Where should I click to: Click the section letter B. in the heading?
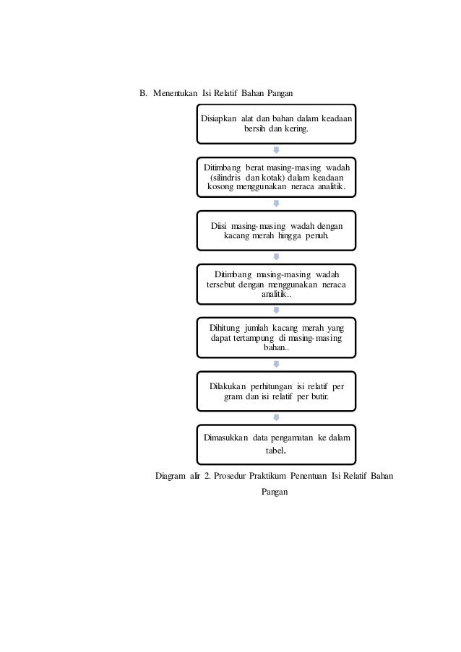(144, 94)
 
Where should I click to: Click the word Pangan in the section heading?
(276, 94)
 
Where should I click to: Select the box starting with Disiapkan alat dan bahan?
(276, 123)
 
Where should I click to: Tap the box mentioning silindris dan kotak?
(276, 177)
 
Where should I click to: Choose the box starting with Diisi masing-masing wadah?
(276, 230)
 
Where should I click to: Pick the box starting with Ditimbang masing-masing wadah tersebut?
(276, 284)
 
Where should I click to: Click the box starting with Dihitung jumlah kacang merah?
(276, 337)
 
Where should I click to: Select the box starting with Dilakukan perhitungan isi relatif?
(276, 391)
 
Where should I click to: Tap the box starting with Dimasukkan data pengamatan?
(276, 443)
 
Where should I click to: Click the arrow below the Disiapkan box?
(276, 150)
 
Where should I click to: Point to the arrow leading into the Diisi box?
(276, 204)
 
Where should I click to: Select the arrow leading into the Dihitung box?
(276, 310)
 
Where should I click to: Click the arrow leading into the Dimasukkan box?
(276, 417)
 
